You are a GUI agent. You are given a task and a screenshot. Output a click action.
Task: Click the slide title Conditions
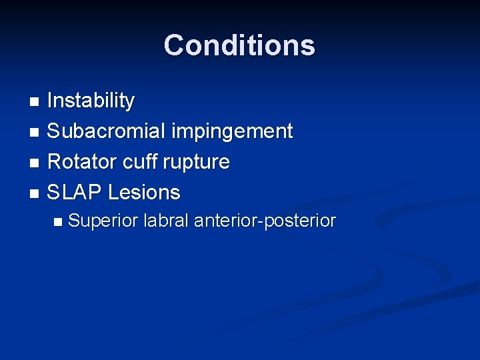239,45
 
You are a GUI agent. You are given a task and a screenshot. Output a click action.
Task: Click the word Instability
91,101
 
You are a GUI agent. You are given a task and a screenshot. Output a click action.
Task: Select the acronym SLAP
75,193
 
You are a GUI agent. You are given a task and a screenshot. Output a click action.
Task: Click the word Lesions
144,193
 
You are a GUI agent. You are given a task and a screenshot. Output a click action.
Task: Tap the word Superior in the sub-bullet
103,221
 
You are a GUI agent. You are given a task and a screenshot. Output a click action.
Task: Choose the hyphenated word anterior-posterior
265,221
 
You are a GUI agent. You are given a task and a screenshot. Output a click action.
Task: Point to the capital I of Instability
51,101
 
